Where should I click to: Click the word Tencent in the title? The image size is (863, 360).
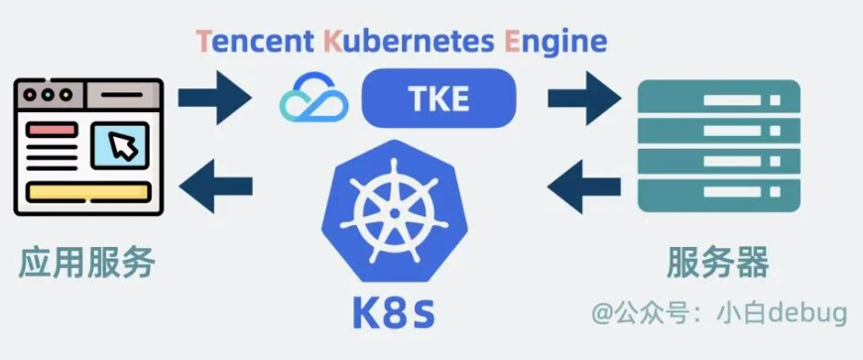255,41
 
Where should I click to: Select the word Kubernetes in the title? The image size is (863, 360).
409,41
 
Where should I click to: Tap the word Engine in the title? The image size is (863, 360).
555,43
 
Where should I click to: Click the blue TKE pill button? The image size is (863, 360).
438,98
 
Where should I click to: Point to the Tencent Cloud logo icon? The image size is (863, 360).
313,97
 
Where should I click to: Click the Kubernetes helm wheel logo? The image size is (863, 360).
394,211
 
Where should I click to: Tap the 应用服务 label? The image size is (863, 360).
86,263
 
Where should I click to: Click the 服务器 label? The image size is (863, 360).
718,263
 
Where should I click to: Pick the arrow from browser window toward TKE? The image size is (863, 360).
214,97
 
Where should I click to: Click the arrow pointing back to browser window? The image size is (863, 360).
216,186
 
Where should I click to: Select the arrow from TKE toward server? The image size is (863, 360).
584,98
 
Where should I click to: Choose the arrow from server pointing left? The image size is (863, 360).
584,186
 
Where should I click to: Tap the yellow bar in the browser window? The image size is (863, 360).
88,192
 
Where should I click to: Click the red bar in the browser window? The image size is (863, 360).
52,131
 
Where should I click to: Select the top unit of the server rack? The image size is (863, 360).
719,99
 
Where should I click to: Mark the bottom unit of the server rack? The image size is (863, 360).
719,192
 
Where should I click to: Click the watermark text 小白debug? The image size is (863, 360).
782,314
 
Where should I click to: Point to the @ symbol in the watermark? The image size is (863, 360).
602,314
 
